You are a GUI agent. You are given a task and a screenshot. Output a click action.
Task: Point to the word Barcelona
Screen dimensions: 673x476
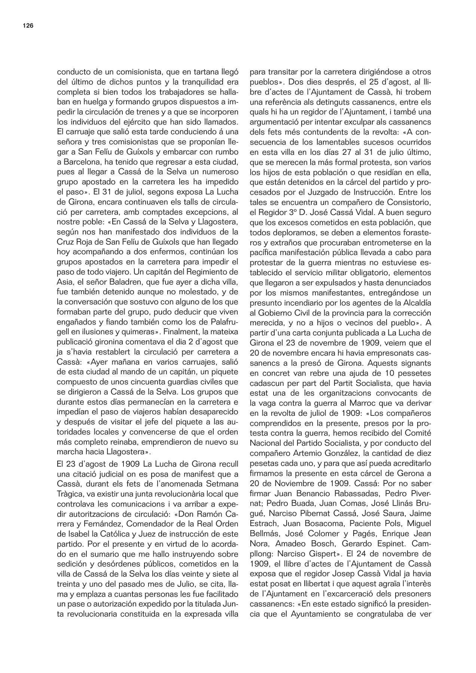click(x=74, y=163)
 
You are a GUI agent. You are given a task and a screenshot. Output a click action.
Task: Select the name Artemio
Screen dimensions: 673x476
click(x=300, y=454)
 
